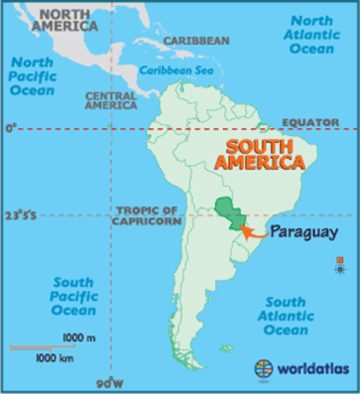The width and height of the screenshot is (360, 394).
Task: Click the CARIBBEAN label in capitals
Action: point(196,40)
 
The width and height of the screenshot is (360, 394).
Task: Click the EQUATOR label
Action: point(310,122)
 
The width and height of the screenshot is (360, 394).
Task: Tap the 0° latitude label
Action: point(11,128)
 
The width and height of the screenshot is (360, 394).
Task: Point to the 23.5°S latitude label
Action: point(19,217)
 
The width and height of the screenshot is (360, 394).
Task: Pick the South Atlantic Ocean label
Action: point(286,316)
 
